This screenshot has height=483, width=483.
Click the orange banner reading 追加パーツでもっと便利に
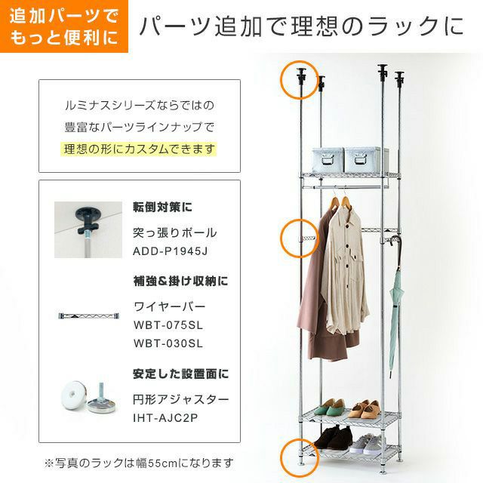(63, 26)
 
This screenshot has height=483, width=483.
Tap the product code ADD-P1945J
(170, 251)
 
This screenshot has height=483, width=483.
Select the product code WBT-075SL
(168, 325)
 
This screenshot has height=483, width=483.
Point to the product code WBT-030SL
(168, 343)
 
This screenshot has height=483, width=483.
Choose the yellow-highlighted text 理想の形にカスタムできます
(139, 149)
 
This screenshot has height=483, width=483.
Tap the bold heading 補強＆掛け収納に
(180, 281)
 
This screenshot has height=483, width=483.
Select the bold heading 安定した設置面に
(180, 374)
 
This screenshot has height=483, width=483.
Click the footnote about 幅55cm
(139, 462)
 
